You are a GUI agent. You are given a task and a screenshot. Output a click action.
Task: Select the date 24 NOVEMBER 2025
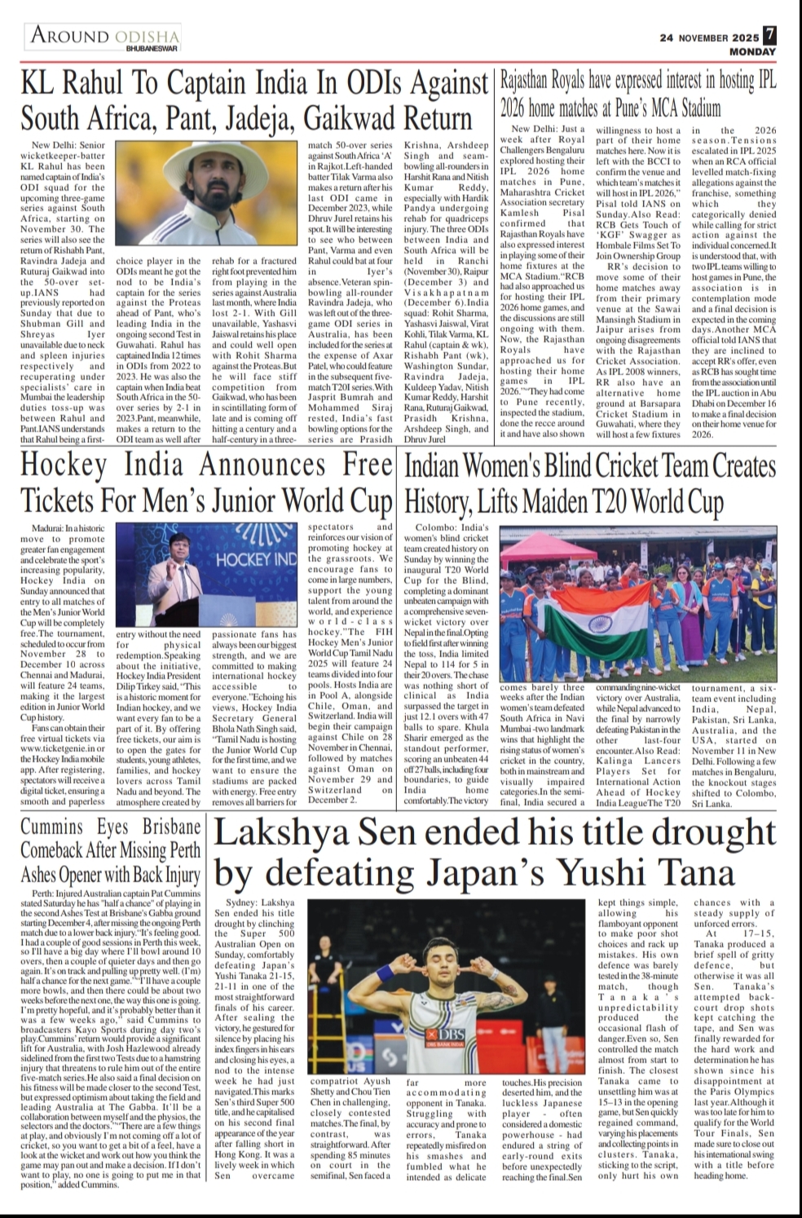pos(709,38)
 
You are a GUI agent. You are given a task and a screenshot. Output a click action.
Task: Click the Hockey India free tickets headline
pos(207,482)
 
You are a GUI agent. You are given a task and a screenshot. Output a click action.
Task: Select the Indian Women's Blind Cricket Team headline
pos(590,482)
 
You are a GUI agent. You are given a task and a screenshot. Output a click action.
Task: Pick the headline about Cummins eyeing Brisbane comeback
pos(111,850)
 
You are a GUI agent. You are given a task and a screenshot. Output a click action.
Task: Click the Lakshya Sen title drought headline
pos(495,854)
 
